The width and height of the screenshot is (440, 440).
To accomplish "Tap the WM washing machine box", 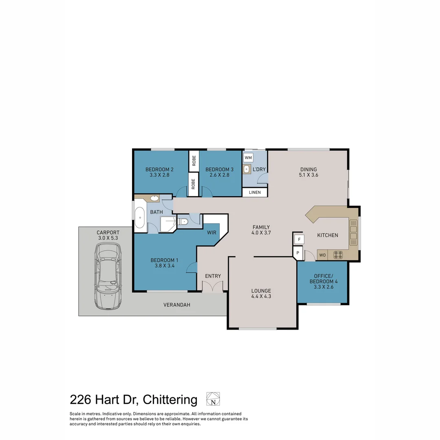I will tap(248, 157).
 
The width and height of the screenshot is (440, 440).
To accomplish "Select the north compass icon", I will tap(213, 399).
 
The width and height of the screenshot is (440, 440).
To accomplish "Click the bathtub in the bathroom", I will tap(139, 218).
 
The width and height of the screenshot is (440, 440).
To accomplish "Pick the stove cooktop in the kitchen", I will tap(338, 255).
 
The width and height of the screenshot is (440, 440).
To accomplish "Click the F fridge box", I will tap(299, 239).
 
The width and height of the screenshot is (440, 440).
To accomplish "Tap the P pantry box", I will tap(298, 253).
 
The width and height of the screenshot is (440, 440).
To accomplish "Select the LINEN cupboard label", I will tap(255, 192).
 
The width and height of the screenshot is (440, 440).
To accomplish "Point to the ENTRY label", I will tap(213, 276).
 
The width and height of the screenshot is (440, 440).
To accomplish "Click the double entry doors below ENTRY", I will tap(213, 287).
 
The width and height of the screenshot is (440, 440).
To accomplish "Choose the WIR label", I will tap(211, 233).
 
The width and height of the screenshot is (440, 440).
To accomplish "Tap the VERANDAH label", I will tap(177, 305).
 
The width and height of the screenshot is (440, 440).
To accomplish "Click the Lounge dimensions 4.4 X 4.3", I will tap(261, 297).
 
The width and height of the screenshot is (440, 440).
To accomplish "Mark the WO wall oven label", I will tap(322, 255).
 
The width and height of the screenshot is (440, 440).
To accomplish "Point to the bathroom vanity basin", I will tap(154, 199).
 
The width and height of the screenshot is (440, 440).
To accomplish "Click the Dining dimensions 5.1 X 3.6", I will tap(308, 175).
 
